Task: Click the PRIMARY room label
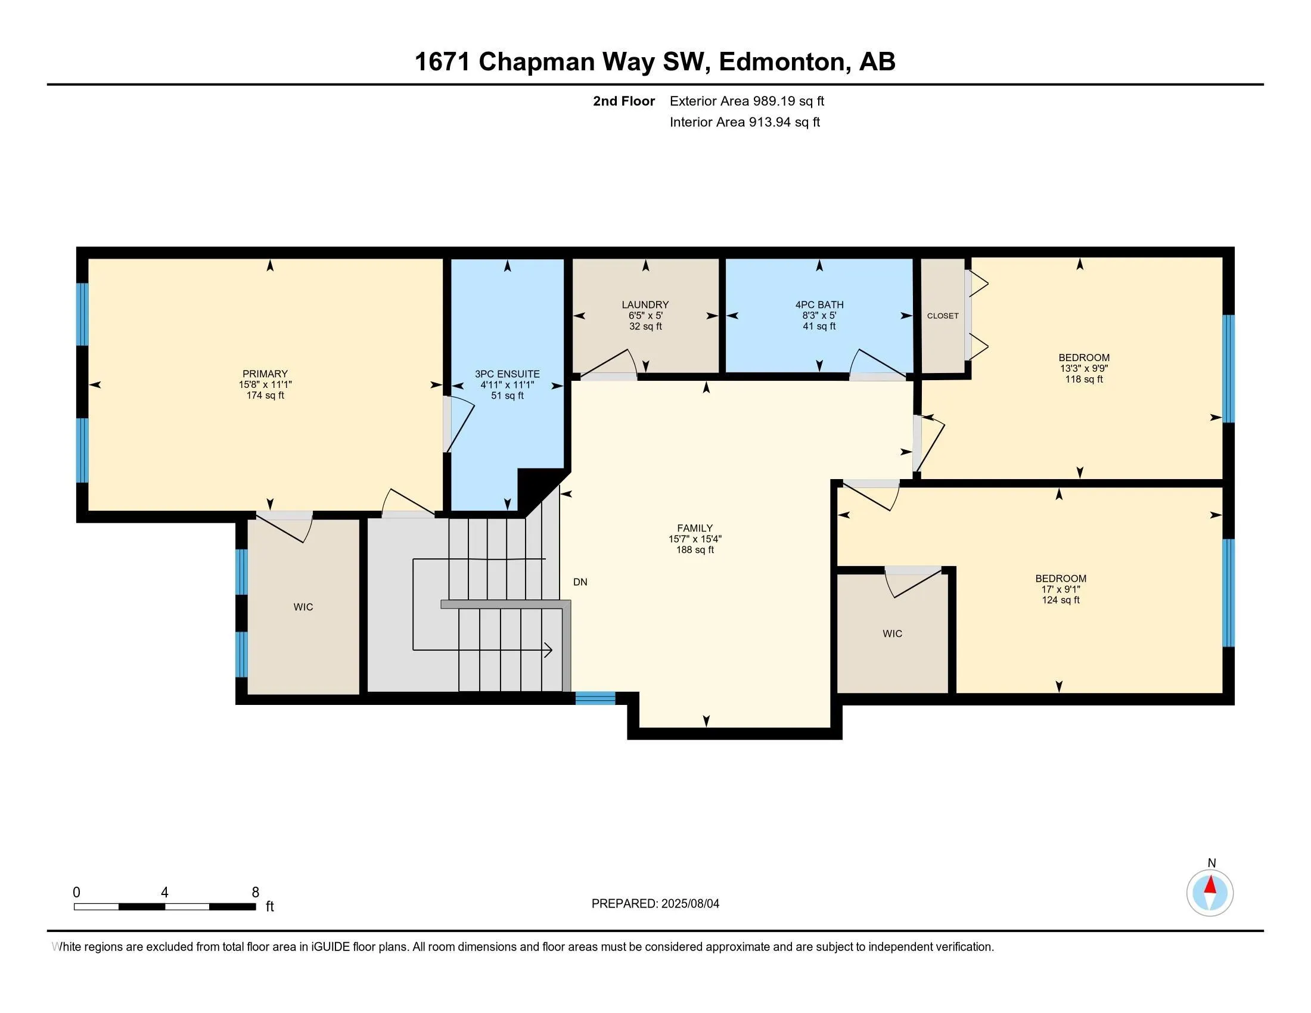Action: click(265, 374)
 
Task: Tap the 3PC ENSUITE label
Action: click(507, 374)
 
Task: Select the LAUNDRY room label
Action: click(645, 305)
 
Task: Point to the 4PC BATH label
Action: click(819, 305)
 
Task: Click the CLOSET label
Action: click(943, 316)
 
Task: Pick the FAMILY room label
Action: click(695, 528)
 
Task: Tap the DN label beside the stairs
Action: click(580, 582)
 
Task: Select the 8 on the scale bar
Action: click(255, 893)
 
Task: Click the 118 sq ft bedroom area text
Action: click(1084, 379)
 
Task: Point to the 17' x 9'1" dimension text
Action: click(1061, 589)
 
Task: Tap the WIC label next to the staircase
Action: click(303, 607)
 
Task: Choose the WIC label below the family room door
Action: click(893, 633)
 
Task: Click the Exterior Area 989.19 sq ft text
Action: click(747, 101)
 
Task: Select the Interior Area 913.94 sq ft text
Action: click(745, 122)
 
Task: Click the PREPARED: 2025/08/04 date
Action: click(655, 903)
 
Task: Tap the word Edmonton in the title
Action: click(782, 62)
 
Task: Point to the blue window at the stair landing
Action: click(595, 698)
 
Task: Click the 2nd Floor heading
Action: click(624, 101)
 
